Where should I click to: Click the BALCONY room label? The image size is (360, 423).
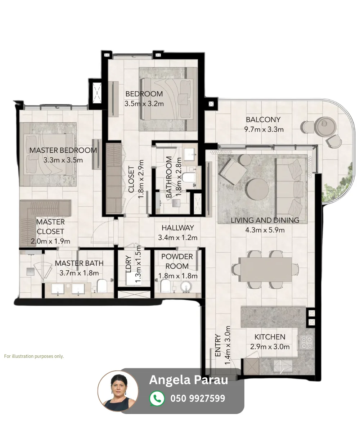pyautogui.click(x=263, y=120)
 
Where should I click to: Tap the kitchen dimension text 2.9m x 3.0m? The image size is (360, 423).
pyautogui.click(x=270, y=347)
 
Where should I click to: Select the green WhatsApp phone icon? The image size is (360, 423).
pyautogui.click(x=157, y=398)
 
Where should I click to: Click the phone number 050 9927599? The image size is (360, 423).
pyautogui.click(x=198, y=399)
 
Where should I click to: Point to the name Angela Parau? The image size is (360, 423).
pyautogui.click(x=189, y=380)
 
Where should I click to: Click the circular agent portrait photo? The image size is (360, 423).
pyautogui.click(x=118, y=391)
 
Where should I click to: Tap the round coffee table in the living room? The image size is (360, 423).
pyautogui.click(x=258, y=189)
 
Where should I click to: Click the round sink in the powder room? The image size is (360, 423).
pyautogui.click(x=186, y=287)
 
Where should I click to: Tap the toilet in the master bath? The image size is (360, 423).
pyautogui.click(x=102, y=286)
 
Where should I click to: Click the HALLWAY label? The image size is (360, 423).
pyautogui.click(x=178, y=228)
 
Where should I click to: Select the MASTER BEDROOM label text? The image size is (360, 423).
pyautogui.click(x=63, y=150)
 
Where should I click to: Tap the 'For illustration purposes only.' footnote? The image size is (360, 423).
pyautogui.click(x=34, y=356)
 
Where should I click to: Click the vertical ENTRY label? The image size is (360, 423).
pyautogui.click(x=218, y=346)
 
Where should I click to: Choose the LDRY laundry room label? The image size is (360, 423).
pyautogui.click(x=129, y=264)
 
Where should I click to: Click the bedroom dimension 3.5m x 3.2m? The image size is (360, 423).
pyautogui.click(x=144, y=104)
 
